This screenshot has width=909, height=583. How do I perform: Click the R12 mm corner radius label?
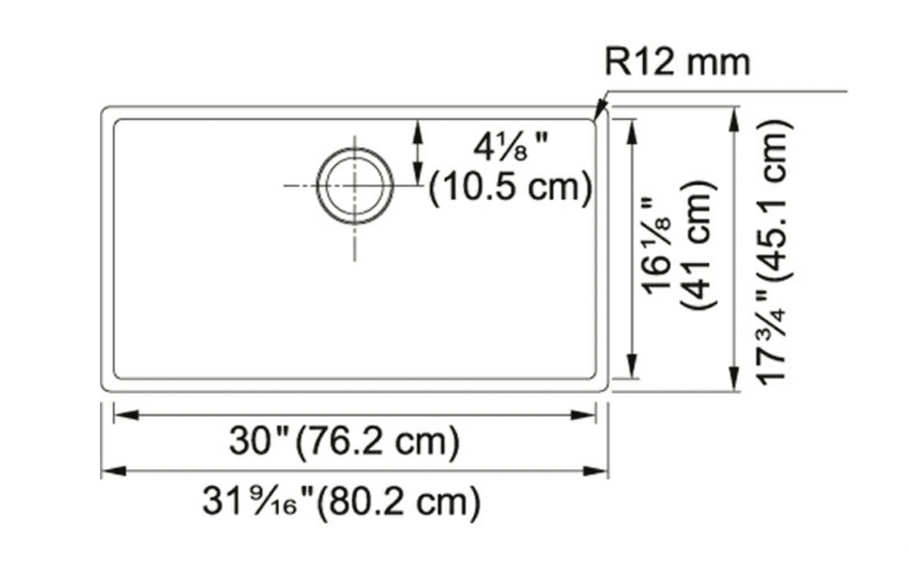[x=677, y=62]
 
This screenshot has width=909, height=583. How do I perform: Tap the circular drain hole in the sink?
[x=355, y=185]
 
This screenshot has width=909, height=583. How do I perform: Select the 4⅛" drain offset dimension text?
[x=509, y=149]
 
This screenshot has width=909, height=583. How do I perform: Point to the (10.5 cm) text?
[x=511, y=188]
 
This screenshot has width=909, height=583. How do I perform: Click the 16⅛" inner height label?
[x=657, y=245]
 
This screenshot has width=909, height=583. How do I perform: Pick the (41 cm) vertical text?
[x=698, y=245]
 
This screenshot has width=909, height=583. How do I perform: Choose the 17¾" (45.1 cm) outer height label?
[x=774, y=251]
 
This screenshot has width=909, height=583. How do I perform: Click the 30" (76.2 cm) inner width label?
[x=345, y=442]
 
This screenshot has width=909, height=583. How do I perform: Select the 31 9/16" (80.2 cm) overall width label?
[x=341, y=501]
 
